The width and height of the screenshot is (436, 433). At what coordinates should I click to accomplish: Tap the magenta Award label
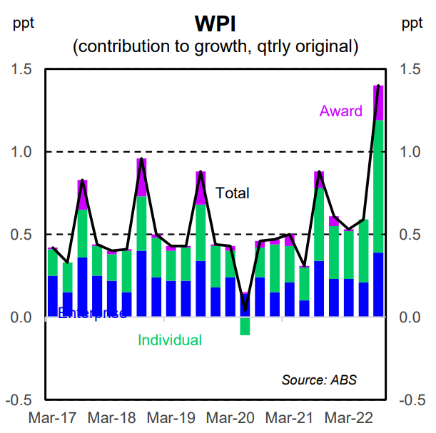(x=340, y=111)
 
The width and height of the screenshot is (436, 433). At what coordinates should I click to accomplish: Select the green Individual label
(x=170, y=341)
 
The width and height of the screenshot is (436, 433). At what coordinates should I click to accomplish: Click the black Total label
(x=233, y=193)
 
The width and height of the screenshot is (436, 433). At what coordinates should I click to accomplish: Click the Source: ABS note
(x=319, y=379)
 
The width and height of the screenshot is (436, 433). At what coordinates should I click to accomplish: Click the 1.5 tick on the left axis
(x=21, y=69)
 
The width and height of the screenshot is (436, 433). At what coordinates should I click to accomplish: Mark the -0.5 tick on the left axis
(x=18, y=400)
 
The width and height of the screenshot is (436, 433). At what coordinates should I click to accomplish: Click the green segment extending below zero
(x=245, y=326)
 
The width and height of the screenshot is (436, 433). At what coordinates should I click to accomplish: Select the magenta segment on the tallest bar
(x=379, y=103)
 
